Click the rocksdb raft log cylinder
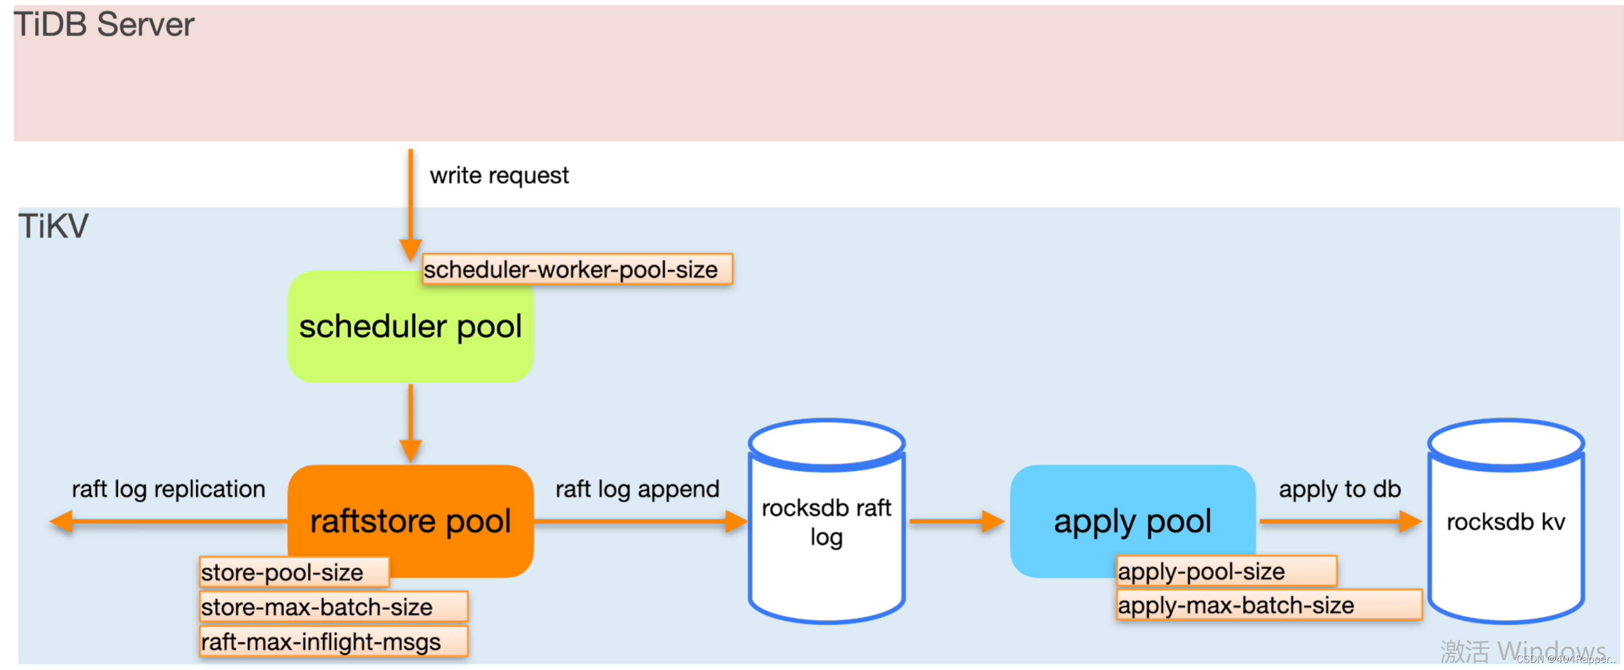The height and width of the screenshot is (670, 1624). (x=827, y=521)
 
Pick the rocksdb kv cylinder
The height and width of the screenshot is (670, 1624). (x=1506, y=521)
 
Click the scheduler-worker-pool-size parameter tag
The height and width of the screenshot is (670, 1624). (x=577, y=269)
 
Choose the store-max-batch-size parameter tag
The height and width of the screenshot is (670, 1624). (x=334, y=607)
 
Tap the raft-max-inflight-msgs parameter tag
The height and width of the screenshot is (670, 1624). (x=334, y=642)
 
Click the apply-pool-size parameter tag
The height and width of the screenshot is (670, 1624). (x=1226, y=571)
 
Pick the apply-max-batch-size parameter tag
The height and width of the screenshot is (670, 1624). (x=1269, y=605)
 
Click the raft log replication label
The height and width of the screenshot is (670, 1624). (x=168, y=489)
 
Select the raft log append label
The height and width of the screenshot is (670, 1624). (x=638, y=489)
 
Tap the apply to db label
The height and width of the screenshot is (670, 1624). (x=1340, y=489)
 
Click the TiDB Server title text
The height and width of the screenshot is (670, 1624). (x=104, y=25)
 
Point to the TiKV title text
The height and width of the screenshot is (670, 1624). (x=54, y=226)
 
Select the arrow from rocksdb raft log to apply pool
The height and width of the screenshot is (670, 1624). (x=957, y=521)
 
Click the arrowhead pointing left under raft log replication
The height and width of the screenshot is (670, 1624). (x=61, y=521)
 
